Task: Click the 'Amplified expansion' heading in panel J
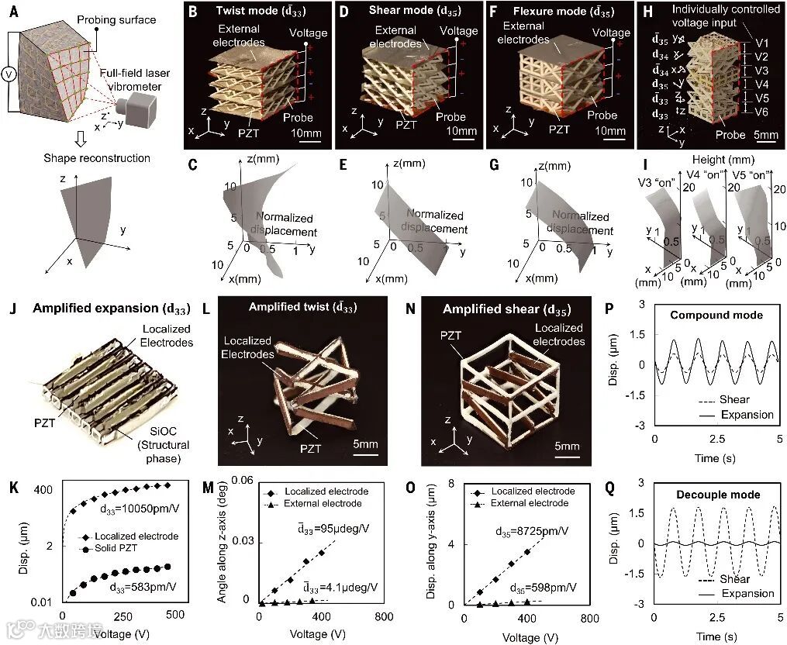(x=96, y=308)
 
